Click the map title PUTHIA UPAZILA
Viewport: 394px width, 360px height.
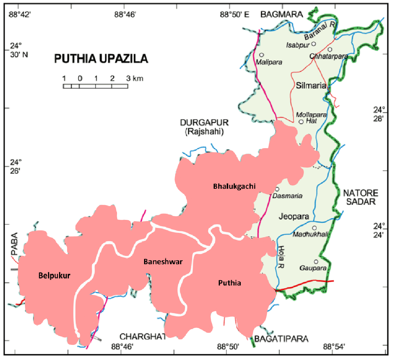[x=101, y=59]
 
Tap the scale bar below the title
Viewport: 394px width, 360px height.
[x=95, y=86]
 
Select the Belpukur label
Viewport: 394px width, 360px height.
[x=54, y=275]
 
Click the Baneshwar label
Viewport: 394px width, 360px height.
[x=163, y=262]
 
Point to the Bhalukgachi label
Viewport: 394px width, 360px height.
[x=234, y=186]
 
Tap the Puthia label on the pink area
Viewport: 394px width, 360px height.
[x=230, y=283]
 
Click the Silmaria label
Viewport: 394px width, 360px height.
[x=311, y=86]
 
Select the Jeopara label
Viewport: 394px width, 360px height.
[x=294, y=216]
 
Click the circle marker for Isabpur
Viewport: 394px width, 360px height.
[x=314, y=44]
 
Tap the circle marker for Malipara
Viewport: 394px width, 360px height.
[x=261, y=55]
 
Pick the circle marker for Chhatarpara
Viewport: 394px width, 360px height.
[x=330, y=49]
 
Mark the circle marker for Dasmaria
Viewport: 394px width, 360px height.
[x=277, y=189]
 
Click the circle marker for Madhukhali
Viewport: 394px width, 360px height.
[x=314, y=228]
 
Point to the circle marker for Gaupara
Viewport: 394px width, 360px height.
[x=316, y=262]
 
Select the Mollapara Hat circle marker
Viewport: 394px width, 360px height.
[x=301, y=122]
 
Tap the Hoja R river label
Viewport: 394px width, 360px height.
[x=281, y=257]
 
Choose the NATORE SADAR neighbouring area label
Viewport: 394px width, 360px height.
[x=360, y=197]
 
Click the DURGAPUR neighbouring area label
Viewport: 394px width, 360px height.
[x=204, y=123]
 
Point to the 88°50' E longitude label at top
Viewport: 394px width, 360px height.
[x=235, y=14]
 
